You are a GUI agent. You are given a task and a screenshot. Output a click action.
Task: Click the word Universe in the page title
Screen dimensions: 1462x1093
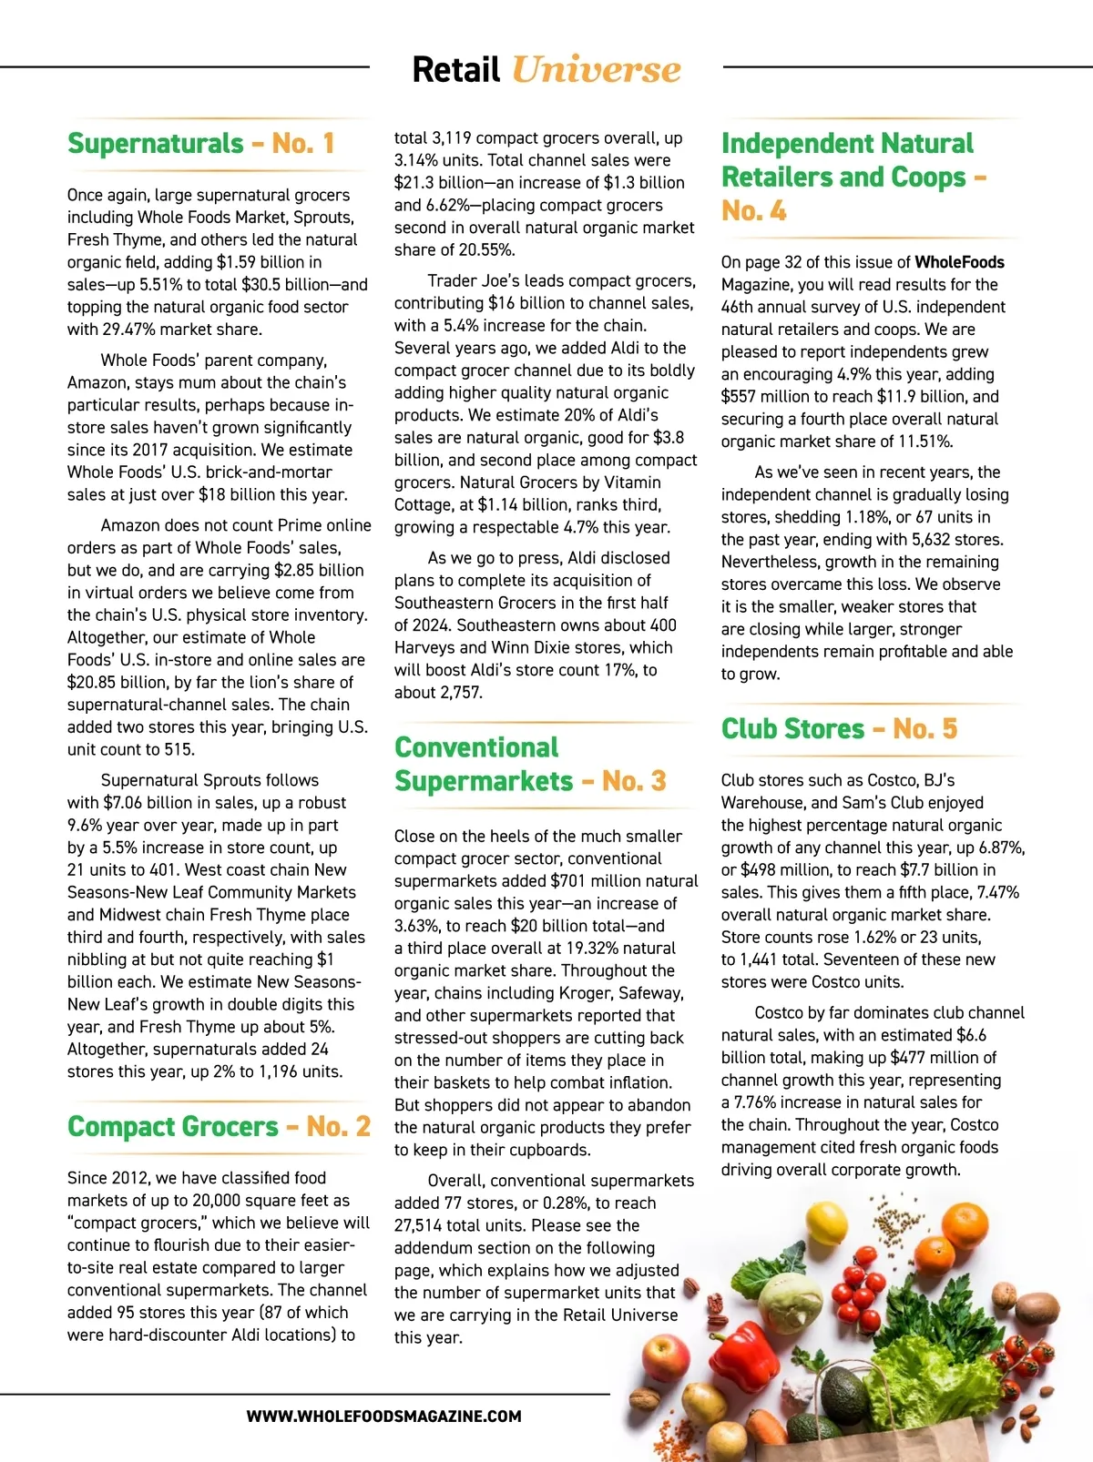click(x=596, y=70)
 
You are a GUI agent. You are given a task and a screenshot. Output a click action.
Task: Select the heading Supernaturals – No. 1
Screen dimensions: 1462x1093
click(x=201, y=144)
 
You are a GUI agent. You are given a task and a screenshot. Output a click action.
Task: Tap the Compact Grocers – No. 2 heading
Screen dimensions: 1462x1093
click(x=219, y=1127)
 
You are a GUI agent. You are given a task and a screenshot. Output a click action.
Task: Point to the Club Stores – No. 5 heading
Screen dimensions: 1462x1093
click(x=839, y=729)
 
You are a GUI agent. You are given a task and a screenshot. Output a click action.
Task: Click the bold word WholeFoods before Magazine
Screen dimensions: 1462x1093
click(x=959, y=262)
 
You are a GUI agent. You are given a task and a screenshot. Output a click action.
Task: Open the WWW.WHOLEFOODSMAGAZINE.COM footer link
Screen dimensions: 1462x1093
click(x=383, y=1416)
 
